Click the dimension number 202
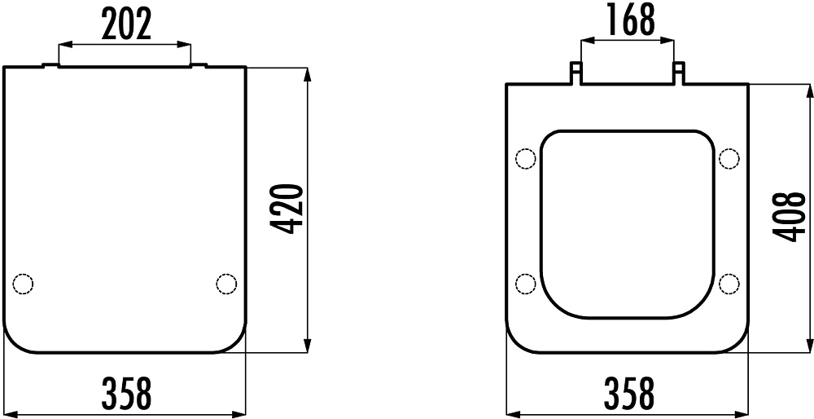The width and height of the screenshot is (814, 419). (x=126, y=24)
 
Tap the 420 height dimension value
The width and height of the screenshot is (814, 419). (x=287, y=209)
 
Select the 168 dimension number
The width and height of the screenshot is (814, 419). (x=630, y=21)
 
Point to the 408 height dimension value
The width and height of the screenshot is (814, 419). (x=789, y=217)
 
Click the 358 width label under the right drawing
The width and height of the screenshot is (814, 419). (x=629, y=394)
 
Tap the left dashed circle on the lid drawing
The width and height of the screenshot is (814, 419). (x=23, y=284)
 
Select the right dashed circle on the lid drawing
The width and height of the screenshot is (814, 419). (x=226, y=284)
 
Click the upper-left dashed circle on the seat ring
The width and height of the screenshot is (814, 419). (x=525, y=159)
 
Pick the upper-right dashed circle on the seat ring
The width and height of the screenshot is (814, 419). (x=729, y=159)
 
